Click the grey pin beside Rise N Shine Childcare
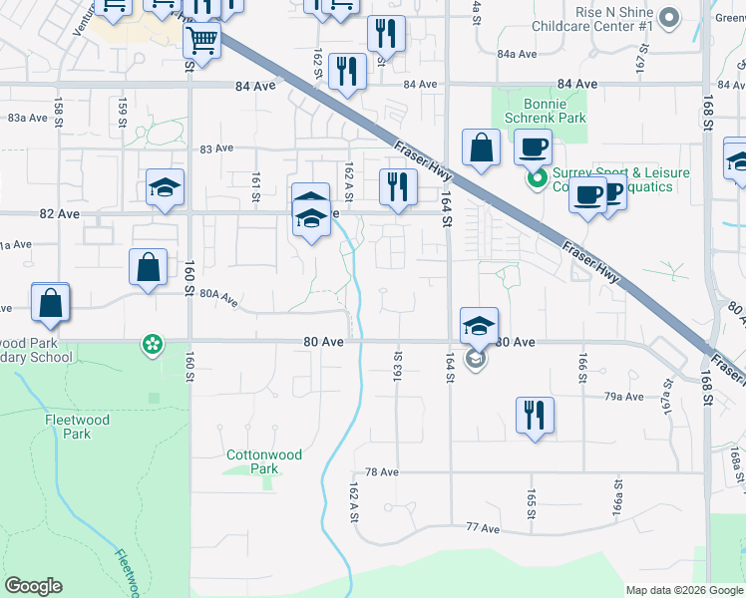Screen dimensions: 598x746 coord(669,17)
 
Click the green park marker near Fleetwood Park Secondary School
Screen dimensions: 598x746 coord(152,345)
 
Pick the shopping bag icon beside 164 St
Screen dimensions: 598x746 coord(481,148)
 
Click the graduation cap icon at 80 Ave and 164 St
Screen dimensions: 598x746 coord(478,325)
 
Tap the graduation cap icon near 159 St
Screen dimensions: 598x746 coord(165,187)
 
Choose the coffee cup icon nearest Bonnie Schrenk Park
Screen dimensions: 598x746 coord(533,148)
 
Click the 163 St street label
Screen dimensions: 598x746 coord(398,363)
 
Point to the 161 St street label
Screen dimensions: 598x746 coord(256,184)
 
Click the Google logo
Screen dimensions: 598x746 coord(33,586)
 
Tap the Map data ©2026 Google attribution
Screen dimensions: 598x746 coord(684,590)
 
